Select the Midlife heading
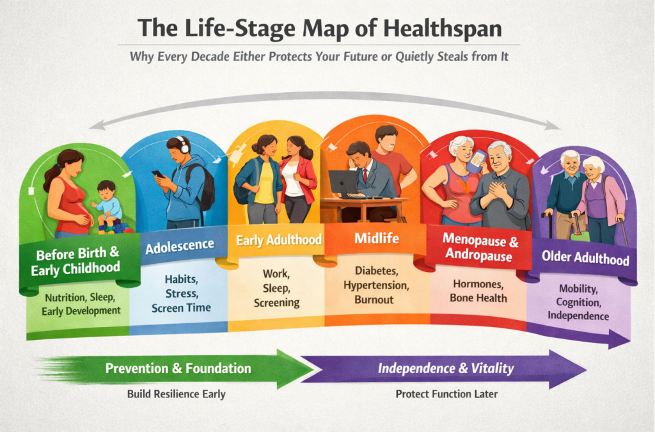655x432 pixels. pos(376,239)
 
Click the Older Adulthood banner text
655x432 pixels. pos(585,259)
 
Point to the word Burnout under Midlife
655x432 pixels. pos(376,298)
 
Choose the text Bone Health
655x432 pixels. pos(478,298)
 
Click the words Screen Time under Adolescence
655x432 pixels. pos(181,307)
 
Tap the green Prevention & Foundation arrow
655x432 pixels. pos(179,369)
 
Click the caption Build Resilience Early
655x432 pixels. pos(176,394)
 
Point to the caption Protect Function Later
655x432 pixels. pos(446,394)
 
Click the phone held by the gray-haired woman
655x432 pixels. pos(475,161)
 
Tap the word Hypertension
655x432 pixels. pos(376,285)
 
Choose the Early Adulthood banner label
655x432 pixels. pos(278,241)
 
